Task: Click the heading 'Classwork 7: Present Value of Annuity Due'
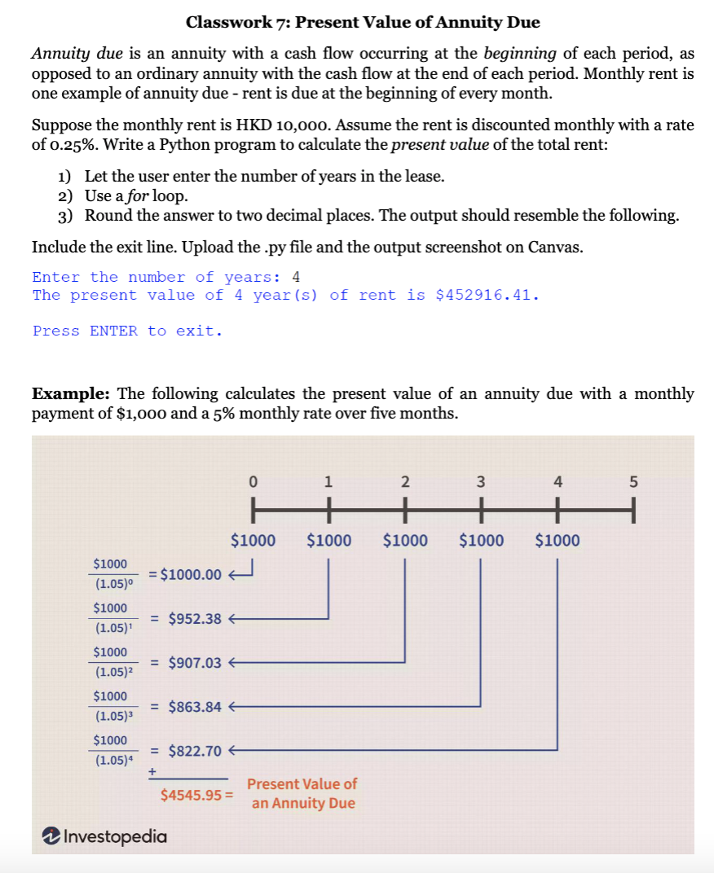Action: [363, 22]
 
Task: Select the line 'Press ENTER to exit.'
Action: [127, 331]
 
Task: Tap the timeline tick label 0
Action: [253, 480]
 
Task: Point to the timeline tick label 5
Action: [633, 480]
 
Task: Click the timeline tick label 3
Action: [480, 480]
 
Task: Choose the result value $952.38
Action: [195, 618]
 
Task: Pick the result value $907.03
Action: [195, 662]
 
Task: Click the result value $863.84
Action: [195, 706]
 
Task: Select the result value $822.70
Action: [195, 750]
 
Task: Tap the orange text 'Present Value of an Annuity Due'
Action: [302, 793]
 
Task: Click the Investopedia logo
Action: [104, 836]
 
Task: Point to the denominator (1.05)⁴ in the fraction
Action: [112, 760]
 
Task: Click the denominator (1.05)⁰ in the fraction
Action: [112, 584]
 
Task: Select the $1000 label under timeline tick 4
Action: [558, 540]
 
